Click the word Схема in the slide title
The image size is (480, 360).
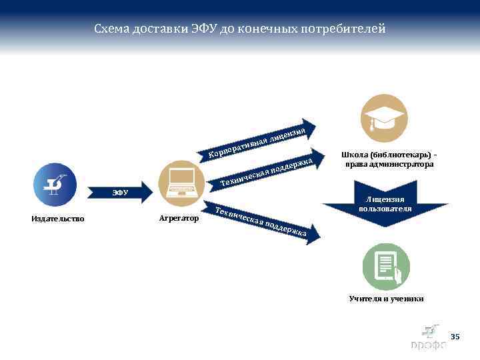111,29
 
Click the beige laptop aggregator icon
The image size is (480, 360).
181,181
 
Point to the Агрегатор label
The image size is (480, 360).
179,218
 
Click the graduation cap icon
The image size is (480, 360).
383,118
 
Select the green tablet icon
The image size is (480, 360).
385,265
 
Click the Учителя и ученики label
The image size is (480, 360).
386,299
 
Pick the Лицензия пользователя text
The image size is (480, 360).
385,204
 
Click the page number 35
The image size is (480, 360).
455,337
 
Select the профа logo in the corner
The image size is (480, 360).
429,338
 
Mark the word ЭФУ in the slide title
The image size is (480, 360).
200,29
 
